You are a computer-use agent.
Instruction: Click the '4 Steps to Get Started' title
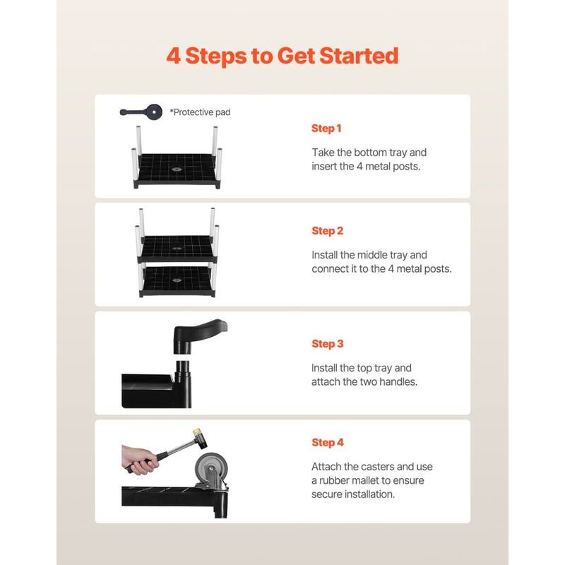[x=282, y=56]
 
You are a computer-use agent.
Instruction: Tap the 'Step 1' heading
[x=326, y=129]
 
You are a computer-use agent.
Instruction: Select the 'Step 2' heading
[x=327, y=231]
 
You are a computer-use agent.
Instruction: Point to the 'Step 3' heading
[x=327, y=344]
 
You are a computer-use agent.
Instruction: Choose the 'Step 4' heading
[x=328, y=443]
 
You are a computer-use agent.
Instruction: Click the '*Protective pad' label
[x=200, y=112]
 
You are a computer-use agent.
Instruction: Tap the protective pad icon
[x=141, y=112]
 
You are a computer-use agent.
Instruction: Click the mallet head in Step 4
[x=200, y=439]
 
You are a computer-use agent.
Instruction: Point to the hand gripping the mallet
[x=139, y=460]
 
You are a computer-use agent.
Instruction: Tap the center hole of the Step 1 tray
[x=176, y=169]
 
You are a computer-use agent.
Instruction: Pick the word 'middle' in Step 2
[x=372, y=255]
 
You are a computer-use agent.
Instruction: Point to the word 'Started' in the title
[x=359, y=56]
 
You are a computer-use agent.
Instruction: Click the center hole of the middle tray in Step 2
[x=177, y=249]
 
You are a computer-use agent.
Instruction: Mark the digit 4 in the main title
[x=174, y=56]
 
